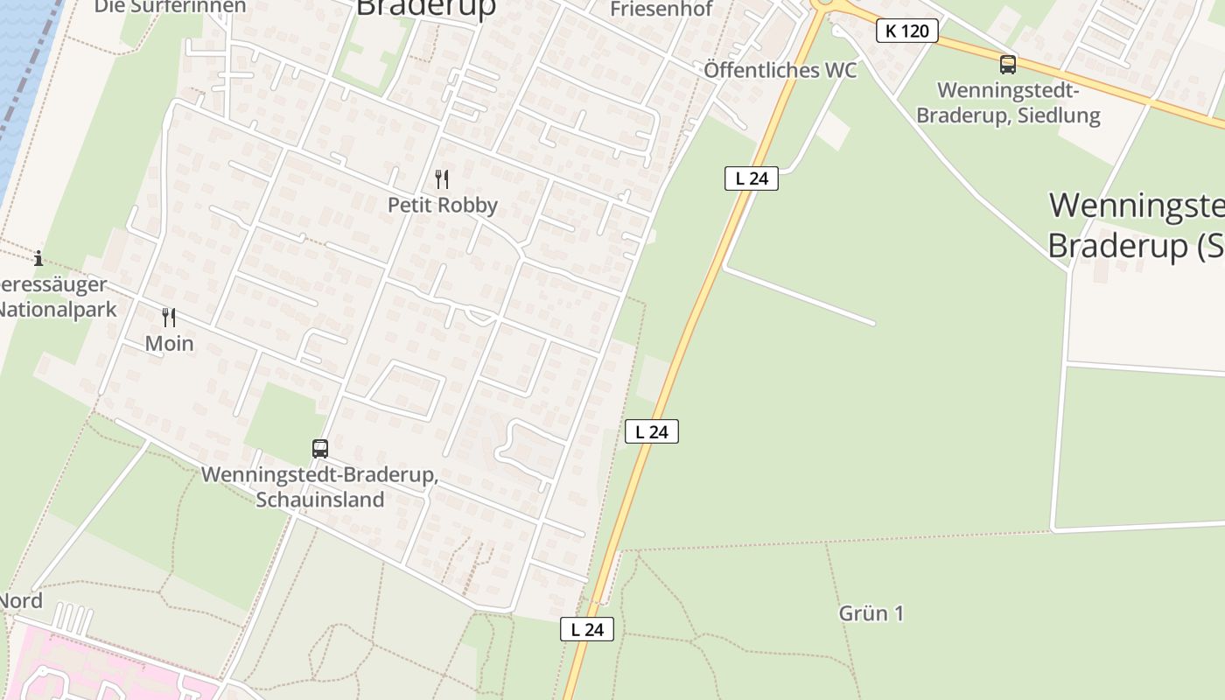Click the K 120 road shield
pyautogui.click(x=906, y=31)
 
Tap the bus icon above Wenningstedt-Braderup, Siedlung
pyautogui.click(x=1008, y=64)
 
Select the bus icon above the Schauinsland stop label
pyautogui.click(x=320, y=449)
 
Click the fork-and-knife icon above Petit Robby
pyautogui.click(x=442, y=179)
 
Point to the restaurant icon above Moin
pyautogui.click(x=169, y=317)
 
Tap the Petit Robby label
pyautogui.click(x=443, y=206)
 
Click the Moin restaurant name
pyautogui.click(x=169, y=344)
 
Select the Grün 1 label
pyautogui.click(x=871, y=613)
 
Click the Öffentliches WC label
pyautogui.click(x=780, y=70)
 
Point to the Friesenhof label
pyautogui.click(x=661, y=10)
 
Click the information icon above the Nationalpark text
pyautogui.click(x=38, y=258)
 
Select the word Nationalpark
pyautogui.click(x=58, y=310)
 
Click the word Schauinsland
pyautogui.click(x=319, y=500)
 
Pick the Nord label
pyautogui.click(x=21, y=601)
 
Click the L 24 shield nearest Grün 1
pyautogui.click(x=587, y=629)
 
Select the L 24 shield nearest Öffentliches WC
pyautogui.click(x=751, y=178)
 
